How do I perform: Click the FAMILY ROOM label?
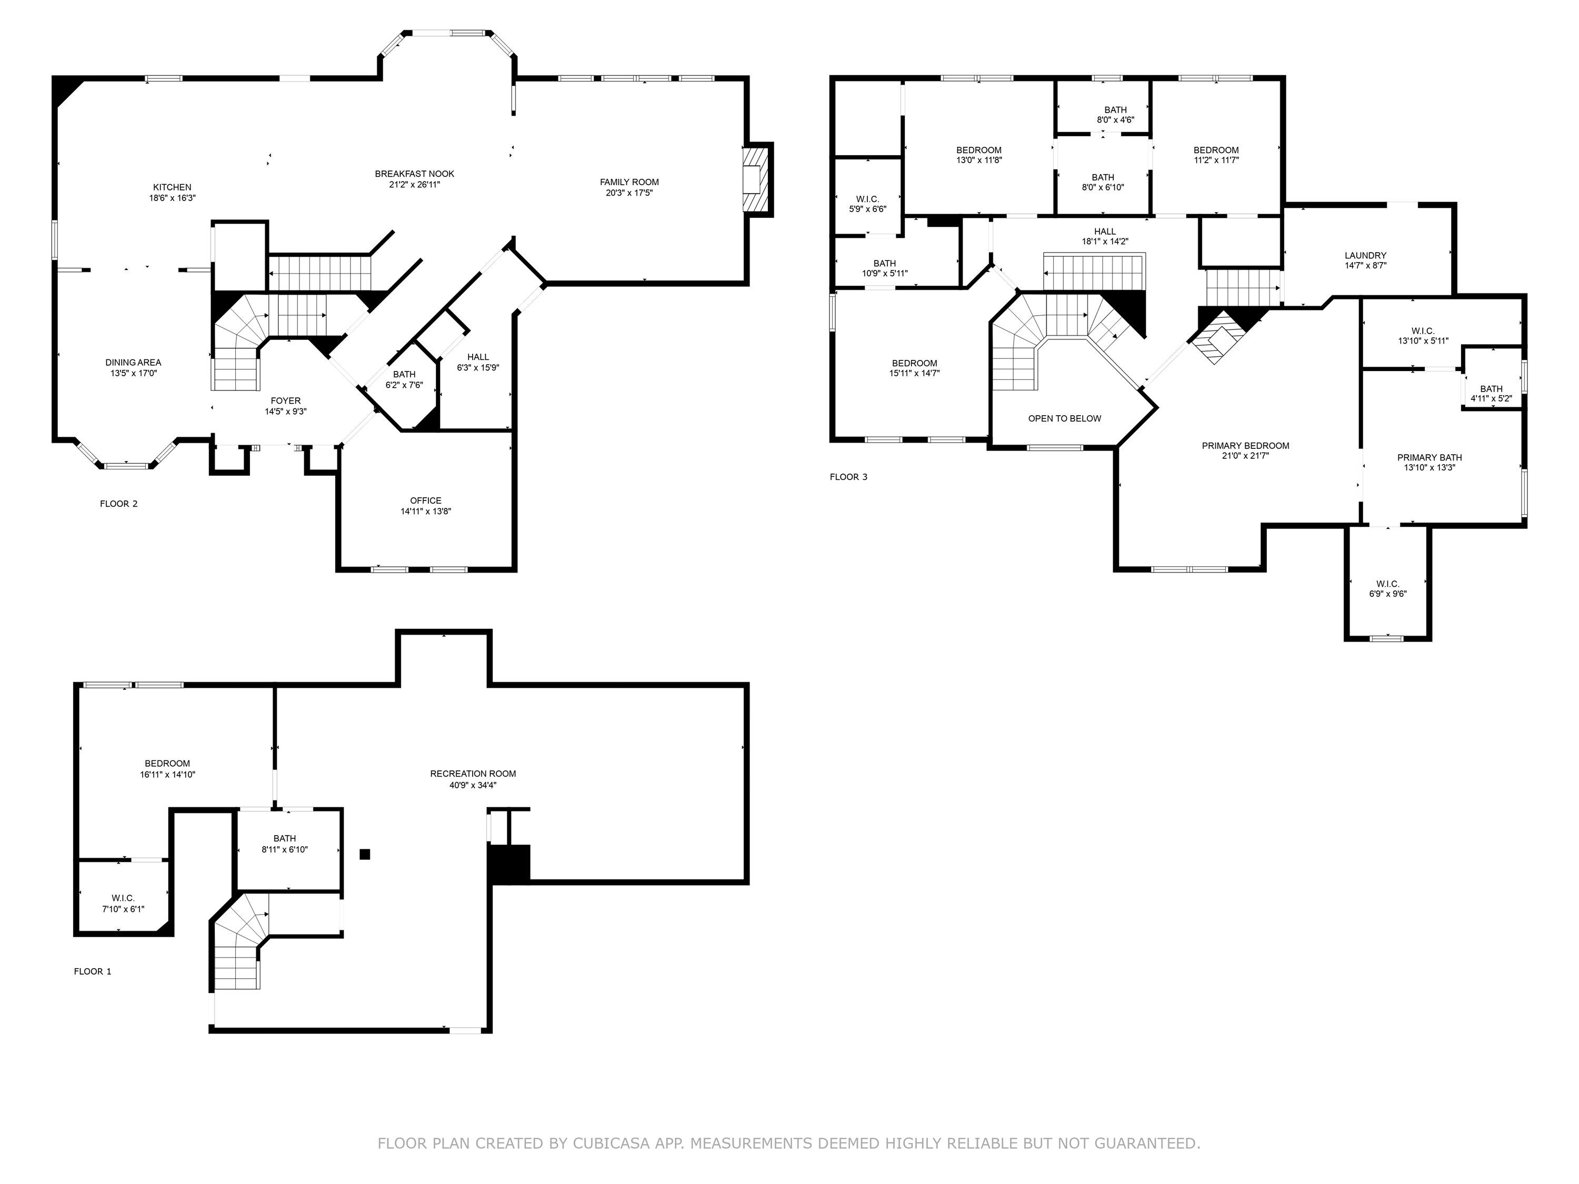tap(629, 182)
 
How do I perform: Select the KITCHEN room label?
tap(172, 188)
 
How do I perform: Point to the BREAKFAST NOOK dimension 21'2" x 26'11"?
tap(415, 185)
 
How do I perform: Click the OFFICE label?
tap(425, 500)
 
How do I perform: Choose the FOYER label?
tap(285, 401)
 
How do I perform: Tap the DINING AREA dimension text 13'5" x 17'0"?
tap(134, 373)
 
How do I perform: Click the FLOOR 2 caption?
tap(118, 504)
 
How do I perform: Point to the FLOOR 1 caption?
tap(93, 971)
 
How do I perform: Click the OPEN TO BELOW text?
tap(1064, 419)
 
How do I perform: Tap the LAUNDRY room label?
tap(1365, 256)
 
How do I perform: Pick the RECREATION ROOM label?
tap(473, 774)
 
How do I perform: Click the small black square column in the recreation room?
tap(365, 854)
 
